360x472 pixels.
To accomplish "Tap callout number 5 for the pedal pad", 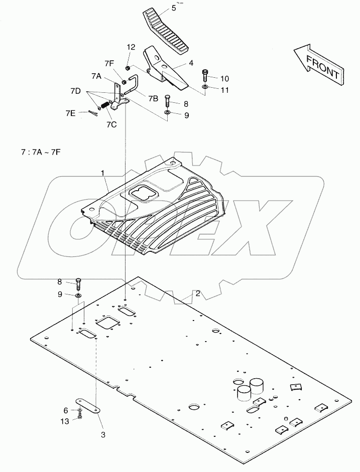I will (x=159, y=8).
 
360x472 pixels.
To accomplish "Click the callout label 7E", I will (x=70, y=113).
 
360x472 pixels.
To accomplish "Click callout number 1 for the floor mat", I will (x=102, y=173).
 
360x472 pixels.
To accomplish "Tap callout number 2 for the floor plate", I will (x=198, y=293).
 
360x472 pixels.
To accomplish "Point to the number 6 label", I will (x=66, y=410).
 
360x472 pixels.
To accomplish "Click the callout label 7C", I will (x=111, y=124).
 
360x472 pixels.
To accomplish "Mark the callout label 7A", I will (x=96, y=76).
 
